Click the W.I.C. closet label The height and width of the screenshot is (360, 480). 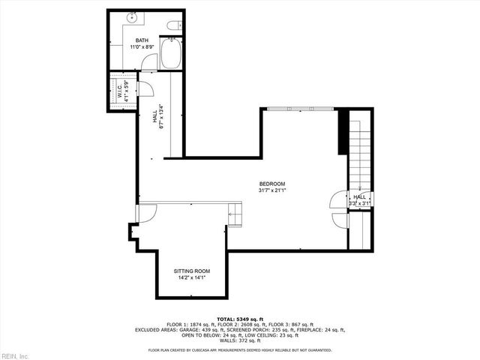119,92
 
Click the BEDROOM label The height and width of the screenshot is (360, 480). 271,184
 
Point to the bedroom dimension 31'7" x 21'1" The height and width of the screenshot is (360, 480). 271,190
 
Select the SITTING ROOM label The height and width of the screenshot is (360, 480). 191,271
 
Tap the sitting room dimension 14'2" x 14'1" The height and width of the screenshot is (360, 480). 191,277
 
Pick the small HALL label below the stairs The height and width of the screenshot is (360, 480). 360,196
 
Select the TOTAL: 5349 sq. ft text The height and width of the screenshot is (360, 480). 239,318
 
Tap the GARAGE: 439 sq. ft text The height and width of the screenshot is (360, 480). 196,329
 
